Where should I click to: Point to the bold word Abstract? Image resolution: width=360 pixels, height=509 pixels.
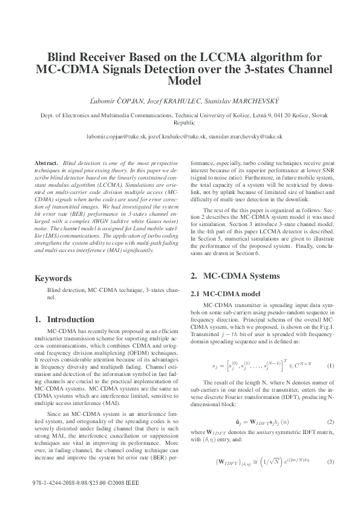pos(46,164)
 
